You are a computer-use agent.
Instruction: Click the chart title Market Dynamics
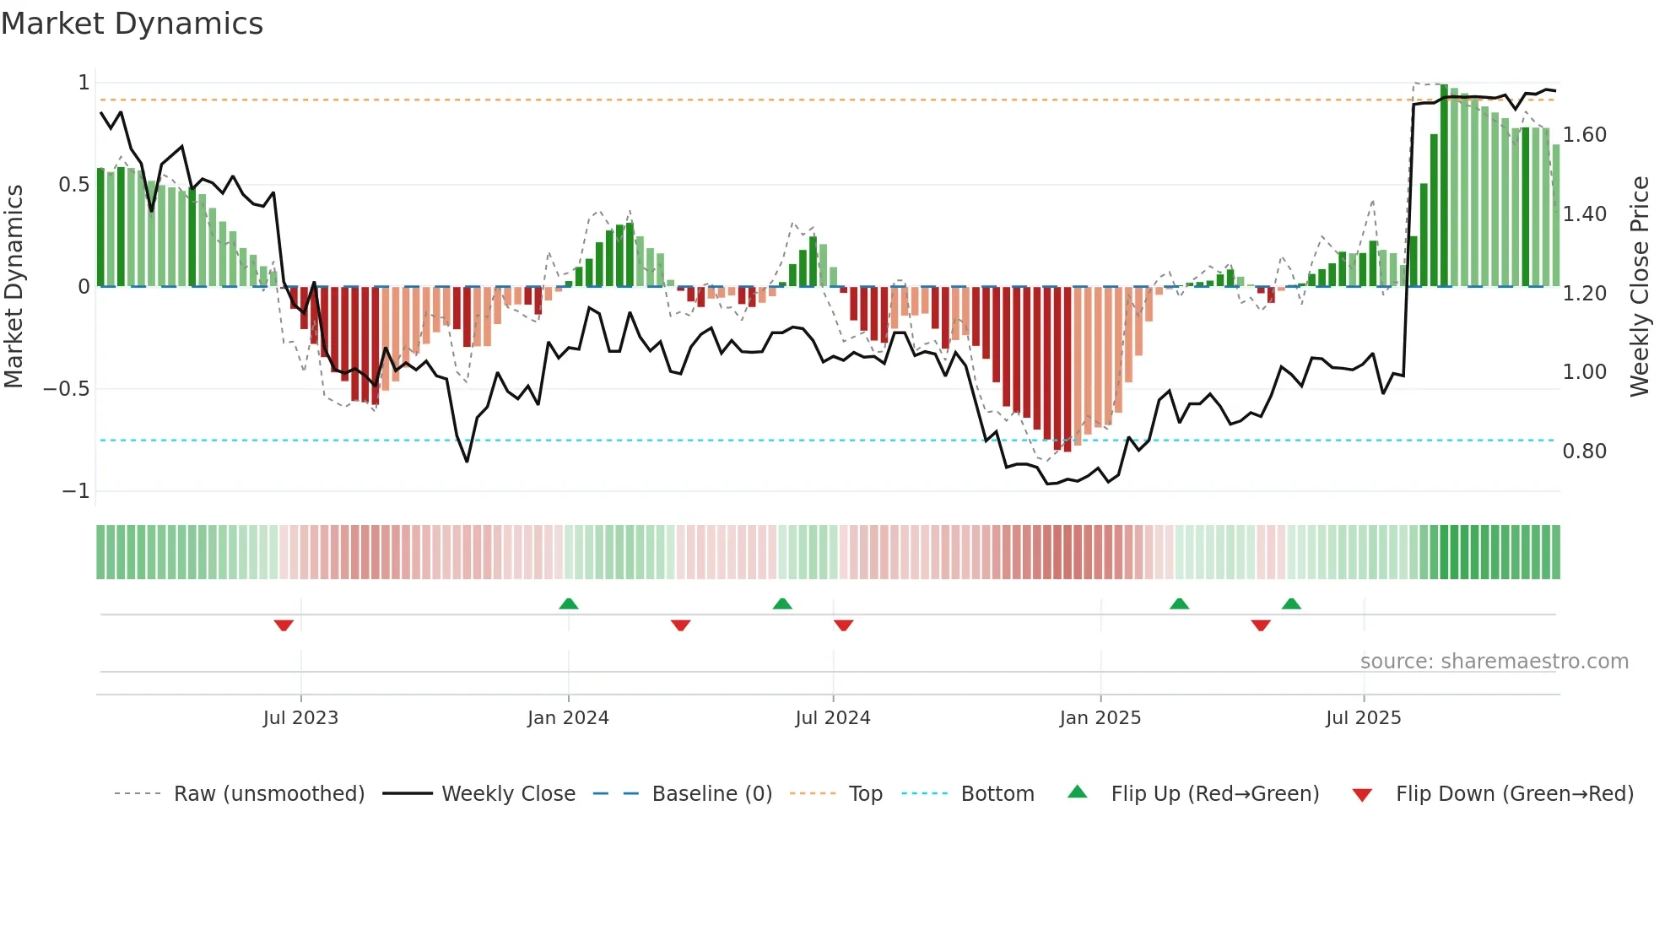click(x=132, y=24)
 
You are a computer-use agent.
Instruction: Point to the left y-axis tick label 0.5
click(x=73, y=185)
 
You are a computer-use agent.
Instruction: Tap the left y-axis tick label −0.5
click(x=67, y=389)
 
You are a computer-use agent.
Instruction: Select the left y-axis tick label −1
click(x=75, y=491)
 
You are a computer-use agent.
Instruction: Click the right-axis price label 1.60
click(x=1584, y=135)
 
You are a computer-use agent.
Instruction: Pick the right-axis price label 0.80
click(x=1584, y=451)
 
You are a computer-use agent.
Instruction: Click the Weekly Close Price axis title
click(x=1639, y=286)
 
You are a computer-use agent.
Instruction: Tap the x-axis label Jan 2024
click(x=568, y=718)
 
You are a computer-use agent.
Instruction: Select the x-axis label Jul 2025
click(x=1363, y=718)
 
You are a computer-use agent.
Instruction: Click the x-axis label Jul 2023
click(x=300, y=718)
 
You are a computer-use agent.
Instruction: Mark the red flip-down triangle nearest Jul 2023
click(x=284, y=625)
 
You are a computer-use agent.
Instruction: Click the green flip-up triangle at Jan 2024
click(x=569, y=603)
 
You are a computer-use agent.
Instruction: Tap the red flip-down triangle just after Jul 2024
click(x=843, y=625)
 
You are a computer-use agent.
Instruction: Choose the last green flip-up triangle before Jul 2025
click(x=1291, y=603)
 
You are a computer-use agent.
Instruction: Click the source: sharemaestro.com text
click(x=1494, y=662)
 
